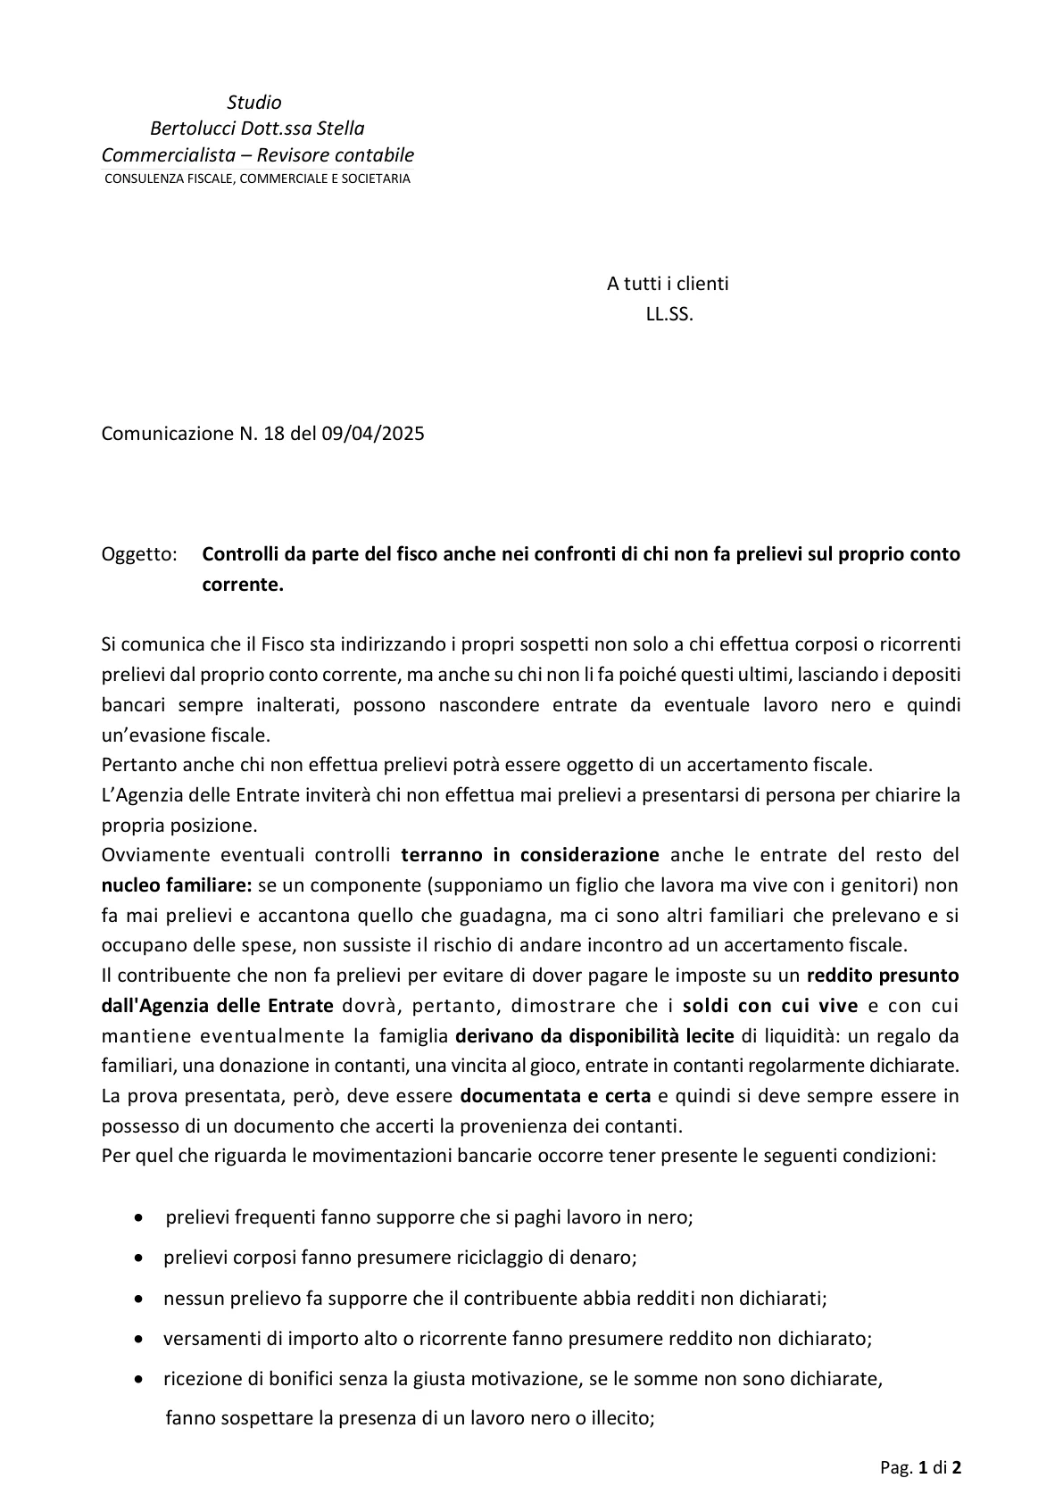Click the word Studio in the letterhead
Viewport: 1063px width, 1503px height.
[254, 103]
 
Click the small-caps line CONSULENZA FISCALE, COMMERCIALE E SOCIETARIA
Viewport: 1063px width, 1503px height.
[257, 179]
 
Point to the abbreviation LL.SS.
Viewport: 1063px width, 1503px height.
[669, 314]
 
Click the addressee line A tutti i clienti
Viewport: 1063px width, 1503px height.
[668, 284]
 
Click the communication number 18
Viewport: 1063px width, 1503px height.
[273, 434]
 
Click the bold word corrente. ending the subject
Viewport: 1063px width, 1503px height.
[243, 585]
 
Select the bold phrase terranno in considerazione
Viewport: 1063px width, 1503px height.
[530, 855]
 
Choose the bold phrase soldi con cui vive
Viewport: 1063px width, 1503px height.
[770, 1006]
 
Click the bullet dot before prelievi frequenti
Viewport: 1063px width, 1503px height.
[138, 1217]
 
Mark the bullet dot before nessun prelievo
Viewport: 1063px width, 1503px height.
[138, 1299]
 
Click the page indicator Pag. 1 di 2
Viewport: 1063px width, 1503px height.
[920, 1467]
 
